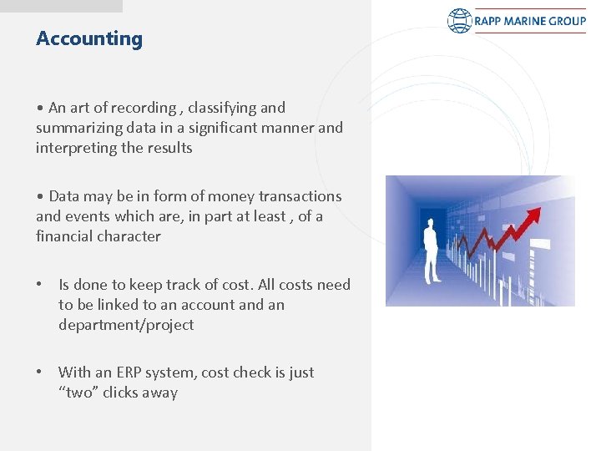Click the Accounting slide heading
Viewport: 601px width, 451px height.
click(89, 38)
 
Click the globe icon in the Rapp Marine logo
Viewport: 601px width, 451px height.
click(460, 21)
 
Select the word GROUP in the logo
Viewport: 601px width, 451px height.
click(567, 21)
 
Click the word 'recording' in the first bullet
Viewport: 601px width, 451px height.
click(142, 108)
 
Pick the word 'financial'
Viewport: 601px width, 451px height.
click(64, 236)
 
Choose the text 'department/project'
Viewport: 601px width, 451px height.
click(125, 325)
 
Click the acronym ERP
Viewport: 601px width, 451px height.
click(132, 372)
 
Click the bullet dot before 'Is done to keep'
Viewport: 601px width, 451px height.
click(40, 285)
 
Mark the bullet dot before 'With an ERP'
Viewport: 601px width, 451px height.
click(40, 372)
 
